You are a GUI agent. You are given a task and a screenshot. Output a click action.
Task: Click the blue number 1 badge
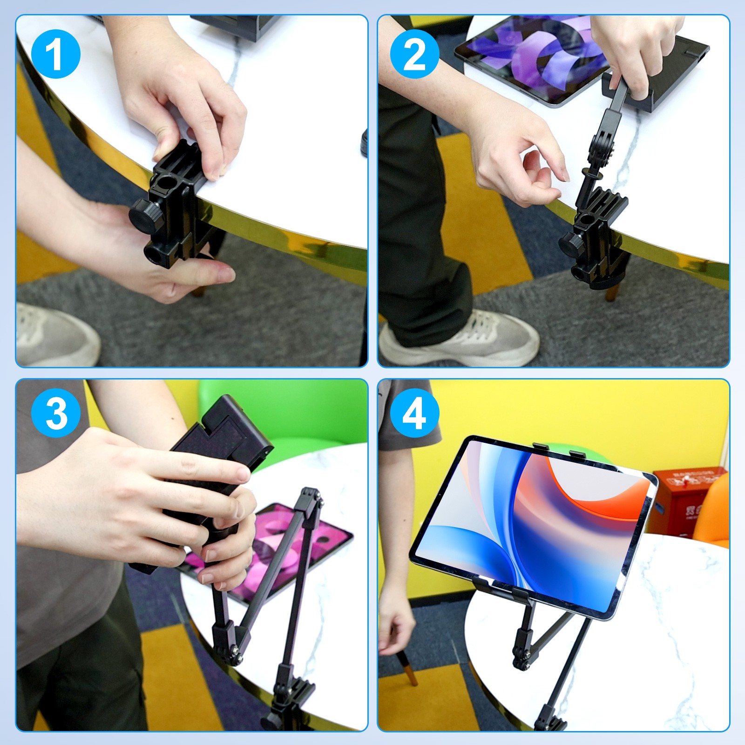(x=55, y=54)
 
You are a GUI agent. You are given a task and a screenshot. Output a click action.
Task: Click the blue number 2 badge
(x=414, y=54)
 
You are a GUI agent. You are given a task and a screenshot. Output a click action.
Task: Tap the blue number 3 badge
(x=55, y=413)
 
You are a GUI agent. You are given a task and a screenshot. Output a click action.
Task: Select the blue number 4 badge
(x=414, y=413)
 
